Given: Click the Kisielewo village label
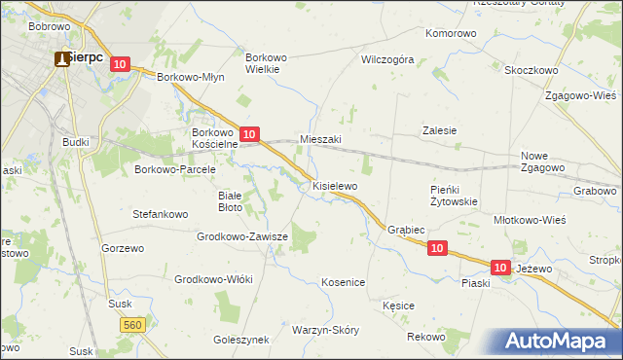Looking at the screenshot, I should tap(335, 185).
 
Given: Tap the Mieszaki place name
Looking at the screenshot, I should tap(320, 139).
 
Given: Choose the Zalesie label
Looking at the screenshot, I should tap(439, 130).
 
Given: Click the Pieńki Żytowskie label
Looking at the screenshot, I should tap(454, 196).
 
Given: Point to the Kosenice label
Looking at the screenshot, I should tap(343, 282).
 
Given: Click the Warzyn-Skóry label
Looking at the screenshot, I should tap(325, 330).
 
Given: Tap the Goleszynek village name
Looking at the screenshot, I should tap(240, 341).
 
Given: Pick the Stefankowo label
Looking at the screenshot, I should tap(160, 212).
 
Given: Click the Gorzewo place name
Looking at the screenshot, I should tap(123, 248).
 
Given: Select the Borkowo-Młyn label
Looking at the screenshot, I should tap(191, 79).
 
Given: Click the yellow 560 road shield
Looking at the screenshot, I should tap(133, 323).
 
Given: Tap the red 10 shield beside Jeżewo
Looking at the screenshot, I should tap(500, 266).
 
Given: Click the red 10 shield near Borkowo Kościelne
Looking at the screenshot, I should tap(249, 133).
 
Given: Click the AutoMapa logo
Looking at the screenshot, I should tap(558, 341).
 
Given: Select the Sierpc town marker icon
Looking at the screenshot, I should tap(62, 58).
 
